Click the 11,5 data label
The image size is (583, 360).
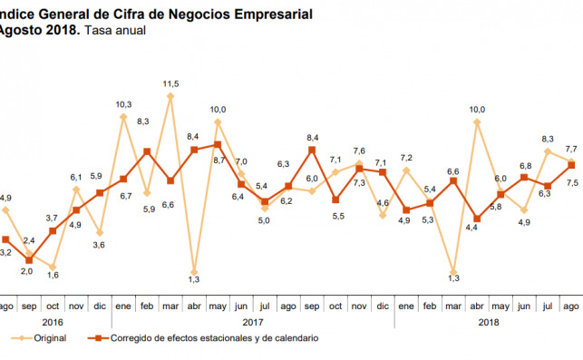click(x=170, y=83)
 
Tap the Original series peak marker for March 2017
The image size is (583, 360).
click(x=170, y=95)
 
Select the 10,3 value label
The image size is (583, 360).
click(x=123, y=104)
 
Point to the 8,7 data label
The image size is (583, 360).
click(x=219, y=161)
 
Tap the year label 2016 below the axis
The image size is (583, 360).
click(x=53, y=321)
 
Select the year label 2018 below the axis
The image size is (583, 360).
click(x=488, y=321)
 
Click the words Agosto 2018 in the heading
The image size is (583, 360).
click(x=38, y=31)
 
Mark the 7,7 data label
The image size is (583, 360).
click(x=571, y=149)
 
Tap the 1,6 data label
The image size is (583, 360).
click(x=53, y=275)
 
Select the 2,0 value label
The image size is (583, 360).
click(x=27, y=271)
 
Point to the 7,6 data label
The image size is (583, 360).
click(x=359, y=151)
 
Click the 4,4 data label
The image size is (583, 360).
click(x=471, y=227)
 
